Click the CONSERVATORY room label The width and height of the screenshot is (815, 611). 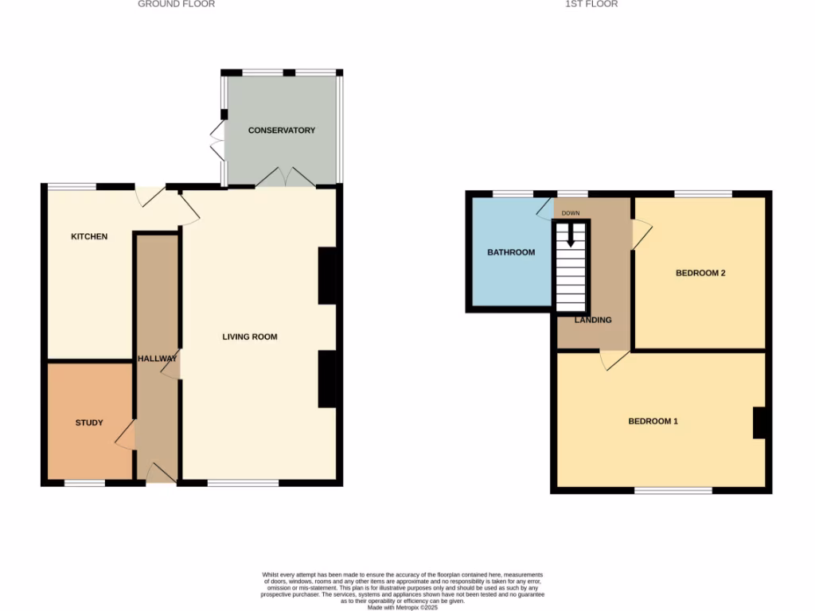click(282, 130)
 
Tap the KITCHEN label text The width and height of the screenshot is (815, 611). click(89, 236)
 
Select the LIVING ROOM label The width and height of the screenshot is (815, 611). click(250, 337)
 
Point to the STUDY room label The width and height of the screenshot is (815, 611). click(89, 422)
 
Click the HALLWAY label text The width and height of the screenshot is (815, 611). click(157, 359)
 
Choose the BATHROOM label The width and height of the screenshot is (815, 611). click(511, 252)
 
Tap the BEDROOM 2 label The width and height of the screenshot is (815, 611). click(700, 273)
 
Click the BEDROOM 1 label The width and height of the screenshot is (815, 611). click(653, 421)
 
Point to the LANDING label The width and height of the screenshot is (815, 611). click(593, 320)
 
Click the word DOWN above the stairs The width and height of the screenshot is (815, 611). click(571, 213)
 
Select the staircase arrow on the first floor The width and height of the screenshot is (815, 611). click(570, 235)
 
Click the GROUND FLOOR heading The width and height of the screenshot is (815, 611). click(176, 4)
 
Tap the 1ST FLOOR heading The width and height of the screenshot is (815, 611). click(591, 4)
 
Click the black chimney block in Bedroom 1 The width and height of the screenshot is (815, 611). click(759, 422)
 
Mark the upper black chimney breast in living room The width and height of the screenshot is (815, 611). click(326, 275)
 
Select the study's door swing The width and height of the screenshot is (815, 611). click(125, 435)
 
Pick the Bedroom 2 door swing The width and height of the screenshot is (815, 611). click(641, 233)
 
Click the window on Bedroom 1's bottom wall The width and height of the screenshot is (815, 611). click(673, 491)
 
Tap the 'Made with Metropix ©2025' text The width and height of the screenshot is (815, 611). click(403, 607)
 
